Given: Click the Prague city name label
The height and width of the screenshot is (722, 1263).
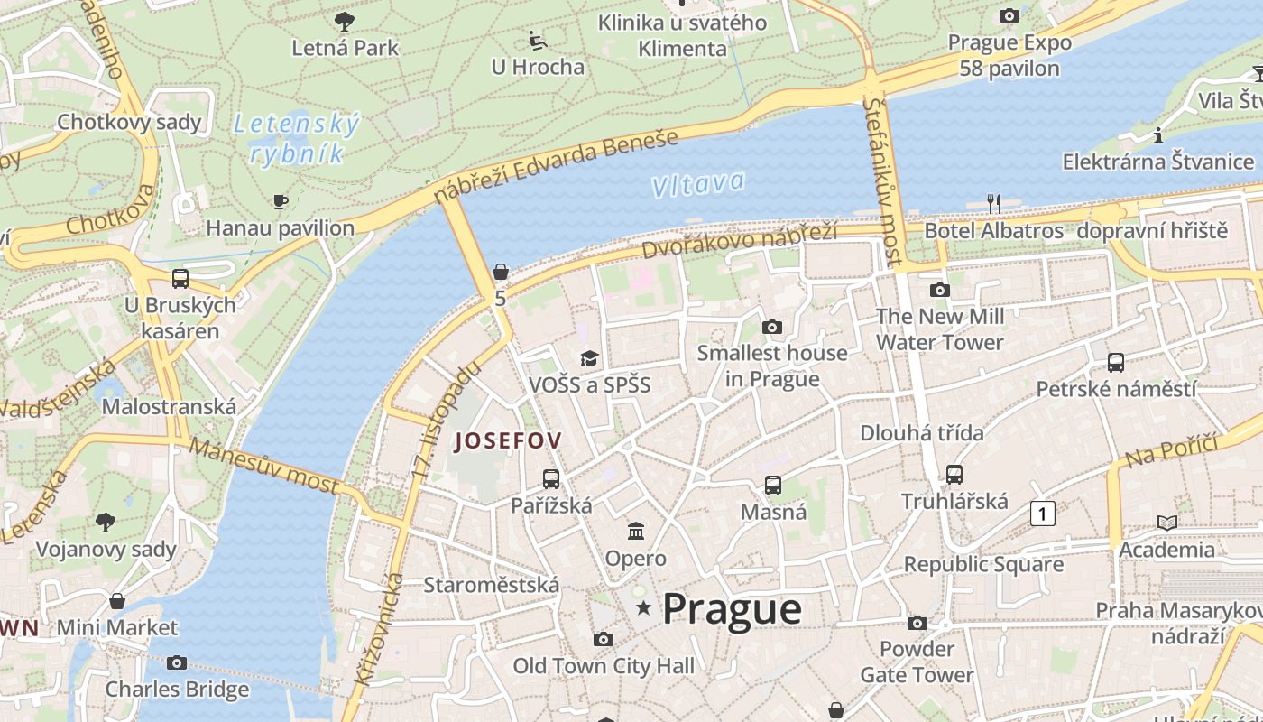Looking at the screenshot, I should point(732,609).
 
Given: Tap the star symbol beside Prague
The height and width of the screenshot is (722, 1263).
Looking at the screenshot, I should point(643,608).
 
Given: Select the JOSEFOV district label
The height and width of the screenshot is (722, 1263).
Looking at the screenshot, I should point(509,441).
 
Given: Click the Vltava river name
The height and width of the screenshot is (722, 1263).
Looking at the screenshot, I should point(698,184).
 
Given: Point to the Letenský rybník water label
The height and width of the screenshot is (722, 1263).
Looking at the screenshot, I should point(297,139).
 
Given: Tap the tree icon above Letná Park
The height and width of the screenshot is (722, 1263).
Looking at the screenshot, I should point(344,21).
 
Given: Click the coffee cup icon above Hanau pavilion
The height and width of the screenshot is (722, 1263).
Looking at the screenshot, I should point(281,201).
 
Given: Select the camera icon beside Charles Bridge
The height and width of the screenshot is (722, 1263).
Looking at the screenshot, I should point(177,663).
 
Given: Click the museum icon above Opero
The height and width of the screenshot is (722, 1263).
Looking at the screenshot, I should point(636,531).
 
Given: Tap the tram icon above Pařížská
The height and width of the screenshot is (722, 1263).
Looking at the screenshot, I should point(551,479).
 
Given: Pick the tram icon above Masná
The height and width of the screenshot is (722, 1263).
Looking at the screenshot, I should point(773,486).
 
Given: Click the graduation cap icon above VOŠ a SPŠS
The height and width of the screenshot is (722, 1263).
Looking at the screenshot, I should point(589,359).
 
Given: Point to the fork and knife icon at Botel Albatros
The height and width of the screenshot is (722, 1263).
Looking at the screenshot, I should point(994,204).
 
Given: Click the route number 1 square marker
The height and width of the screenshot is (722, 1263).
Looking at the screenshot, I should point(1042,514).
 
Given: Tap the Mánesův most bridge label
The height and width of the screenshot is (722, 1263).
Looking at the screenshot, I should point(264,467).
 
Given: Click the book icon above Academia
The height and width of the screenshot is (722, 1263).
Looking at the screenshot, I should point(1166,523).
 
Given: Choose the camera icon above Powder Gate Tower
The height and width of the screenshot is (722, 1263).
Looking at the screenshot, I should point(917,623).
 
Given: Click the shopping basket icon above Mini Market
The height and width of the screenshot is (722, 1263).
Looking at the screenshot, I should point(117,601).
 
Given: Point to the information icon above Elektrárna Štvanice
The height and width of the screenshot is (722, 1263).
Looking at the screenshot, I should point(1158,136).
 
